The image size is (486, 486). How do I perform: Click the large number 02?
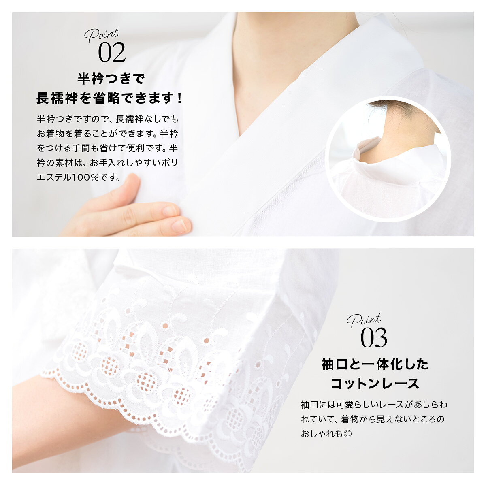tap(112, 52)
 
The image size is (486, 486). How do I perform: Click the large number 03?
tap(374, 338)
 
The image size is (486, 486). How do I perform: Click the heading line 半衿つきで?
tap(111, 79)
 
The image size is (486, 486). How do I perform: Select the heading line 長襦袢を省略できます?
tap(109, 98)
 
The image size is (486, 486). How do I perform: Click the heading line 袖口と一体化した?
tap(375, 364)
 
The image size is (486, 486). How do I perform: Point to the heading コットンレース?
tap(375, 384)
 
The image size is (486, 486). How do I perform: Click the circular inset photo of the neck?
tap(388, 159)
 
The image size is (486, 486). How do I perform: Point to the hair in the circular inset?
tap(401, 111)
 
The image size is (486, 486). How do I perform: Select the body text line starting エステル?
tap(79, 177)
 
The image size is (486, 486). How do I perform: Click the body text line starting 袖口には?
tap(374, 405)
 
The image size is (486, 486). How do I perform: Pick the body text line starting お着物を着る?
tap(107, 134)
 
